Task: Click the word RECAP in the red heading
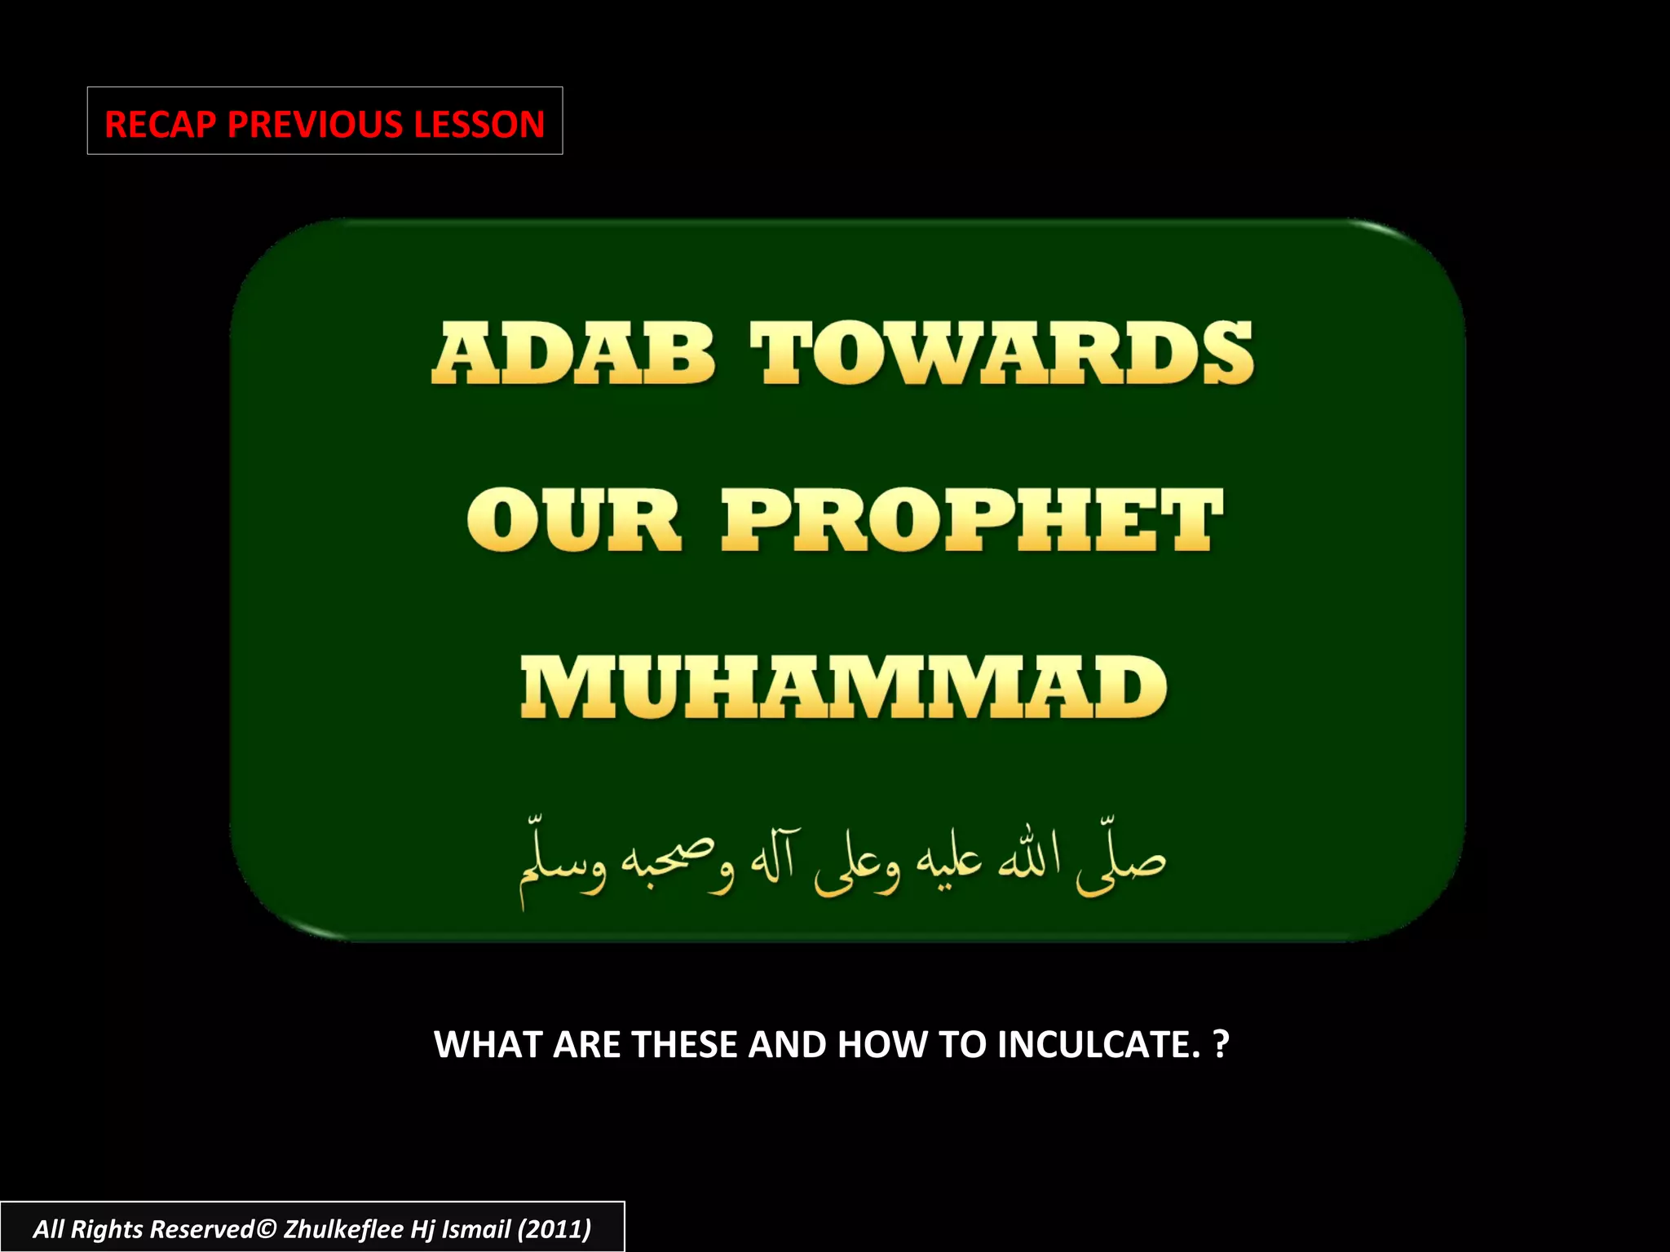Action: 160,125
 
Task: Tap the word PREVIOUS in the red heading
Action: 315,125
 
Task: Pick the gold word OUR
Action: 573,521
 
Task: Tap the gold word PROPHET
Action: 972,521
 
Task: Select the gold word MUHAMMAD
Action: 844,688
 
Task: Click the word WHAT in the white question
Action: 488,1045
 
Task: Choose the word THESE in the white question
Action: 684,1045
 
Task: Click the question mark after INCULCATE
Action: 1221,1045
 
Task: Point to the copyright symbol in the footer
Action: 267,1229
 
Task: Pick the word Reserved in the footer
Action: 202,1229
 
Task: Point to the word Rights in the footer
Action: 107,1229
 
